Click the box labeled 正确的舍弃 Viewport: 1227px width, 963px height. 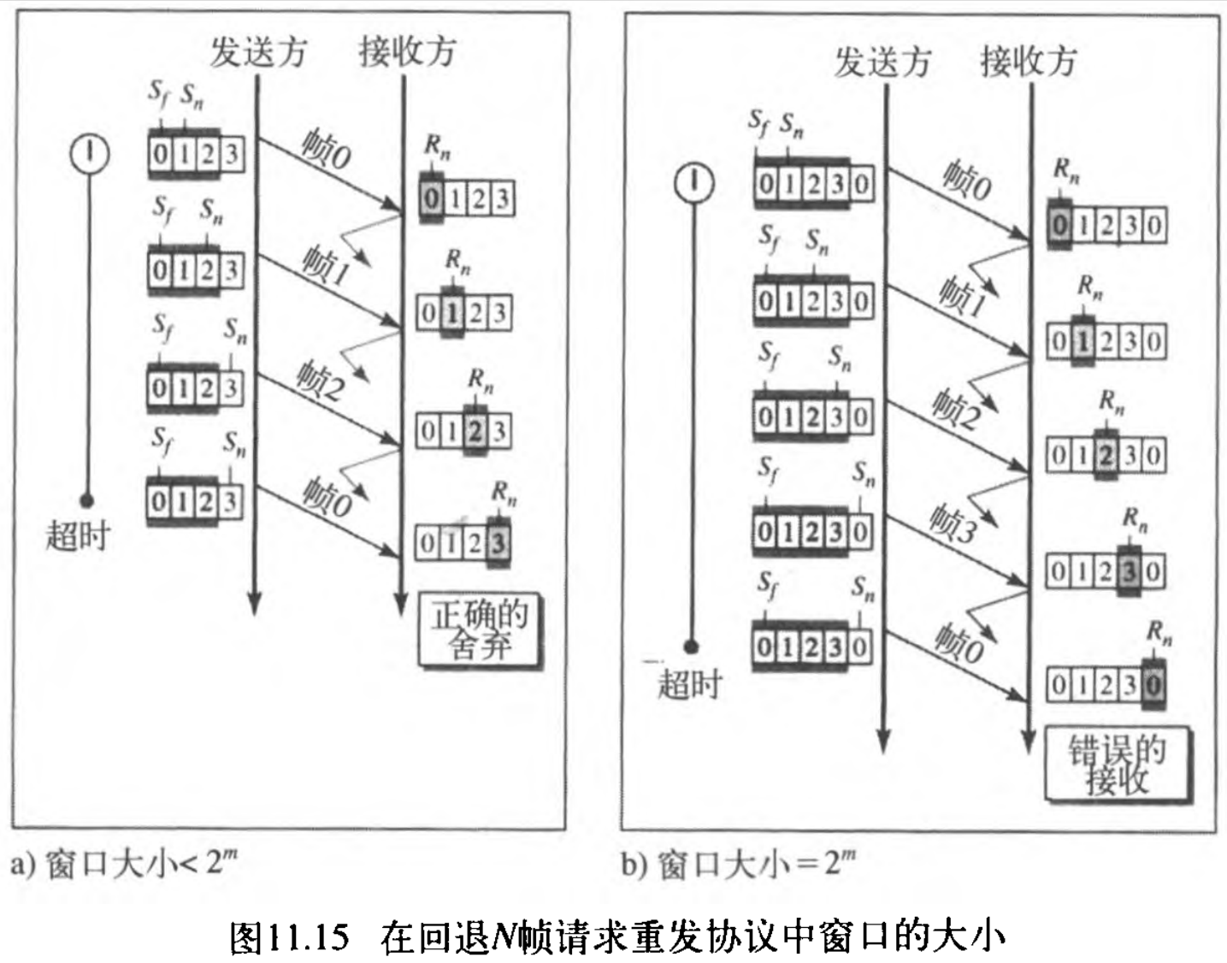[x=480, y=630]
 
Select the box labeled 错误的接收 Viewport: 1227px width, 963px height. [x=1116, y=765]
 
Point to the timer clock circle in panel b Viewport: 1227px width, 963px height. [x=694, y=183]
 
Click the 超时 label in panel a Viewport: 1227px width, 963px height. [x=78, y=536]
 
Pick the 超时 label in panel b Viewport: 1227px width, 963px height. [x=689, y=684]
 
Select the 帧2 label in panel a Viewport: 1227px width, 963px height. [x=319, y=381]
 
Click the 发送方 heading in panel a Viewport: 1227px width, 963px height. [x=257, y=52]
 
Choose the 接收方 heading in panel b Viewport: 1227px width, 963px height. [x=1028, y=62]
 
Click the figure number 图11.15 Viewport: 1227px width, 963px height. [x=290, y=937]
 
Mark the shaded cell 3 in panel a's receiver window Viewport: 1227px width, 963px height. [x=498, y=542]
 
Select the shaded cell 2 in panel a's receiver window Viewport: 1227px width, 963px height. [x=475, y=431]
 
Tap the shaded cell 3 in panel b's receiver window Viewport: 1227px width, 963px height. [x=1130, y=571]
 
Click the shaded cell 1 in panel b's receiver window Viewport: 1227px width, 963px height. [x=1083, y=342]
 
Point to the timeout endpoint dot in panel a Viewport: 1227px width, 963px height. [x=86, y=500]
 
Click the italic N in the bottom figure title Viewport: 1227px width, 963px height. [x=504, y=937]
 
